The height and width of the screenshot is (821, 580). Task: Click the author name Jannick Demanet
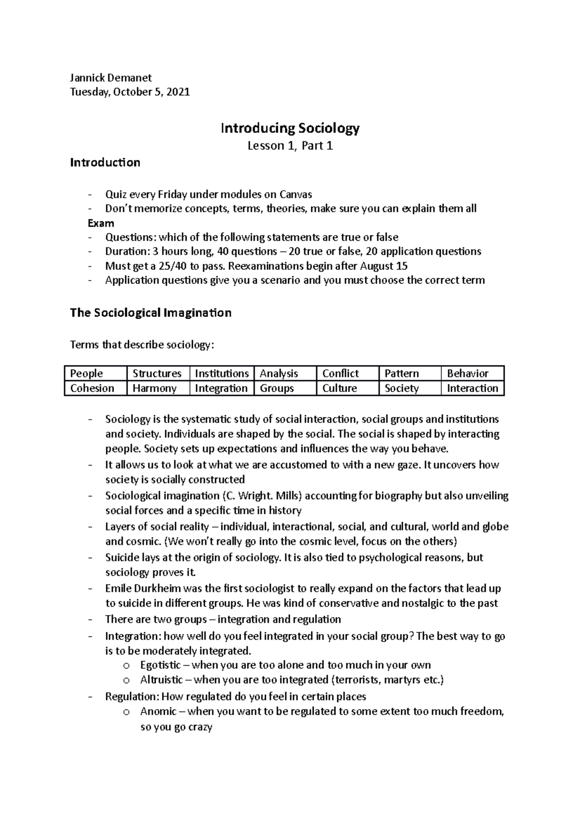pos(111,77)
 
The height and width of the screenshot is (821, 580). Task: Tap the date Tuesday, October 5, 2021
pos(130,92)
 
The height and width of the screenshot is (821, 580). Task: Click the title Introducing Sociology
pos(290,128)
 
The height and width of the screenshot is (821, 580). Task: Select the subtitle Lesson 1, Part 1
pos(290,146)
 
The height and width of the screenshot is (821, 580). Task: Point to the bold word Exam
pos(101,223)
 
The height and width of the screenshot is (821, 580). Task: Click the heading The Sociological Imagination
pos(151,312)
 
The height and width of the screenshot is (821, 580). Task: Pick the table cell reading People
pos(87,373)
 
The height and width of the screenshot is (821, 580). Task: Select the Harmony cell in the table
pos(154,388)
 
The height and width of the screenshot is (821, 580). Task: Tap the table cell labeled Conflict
pos(340,373)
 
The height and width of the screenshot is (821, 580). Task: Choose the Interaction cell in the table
pos(472,388)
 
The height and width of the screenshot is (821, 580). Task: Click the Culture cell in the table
pos(339,388)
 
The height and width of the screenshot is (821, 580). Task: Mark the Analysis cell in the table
pos(279,373)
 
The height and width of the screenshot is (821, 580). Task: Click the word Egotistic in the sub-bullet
pos(160,665)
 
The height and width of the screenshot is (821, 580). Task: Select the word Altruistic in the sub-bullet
pos(161,680)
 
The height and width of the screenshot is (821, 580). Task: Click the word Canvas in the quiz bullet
pos(295,194)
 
